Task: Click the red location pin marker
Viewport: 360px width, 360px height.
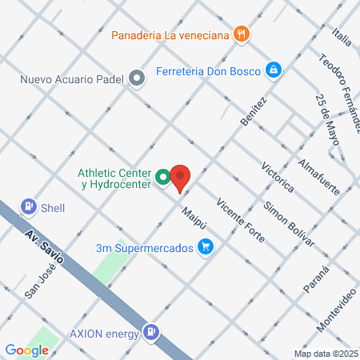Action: click(x=180, y=178)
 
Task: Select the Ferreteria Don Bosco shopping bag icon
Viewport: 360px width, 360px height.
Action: click(x=274, y=70)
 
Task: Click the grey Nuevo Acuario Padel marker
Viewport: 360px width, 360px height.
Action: click(x=138, y=78)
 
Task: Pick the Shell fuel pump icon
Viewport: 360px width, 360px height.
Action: click(x=30, y=207)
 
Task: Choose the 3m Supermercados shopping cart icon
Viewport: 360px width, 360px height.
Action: click(x=206, y=247)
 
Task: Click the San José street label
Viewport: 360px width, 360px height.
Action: click(x=40, y=283)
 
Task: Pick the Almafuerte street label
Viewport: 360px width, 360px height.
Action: click(x=318, y=176)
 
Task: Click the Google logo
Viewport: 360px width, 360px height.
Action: click(x=26, y=350)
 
